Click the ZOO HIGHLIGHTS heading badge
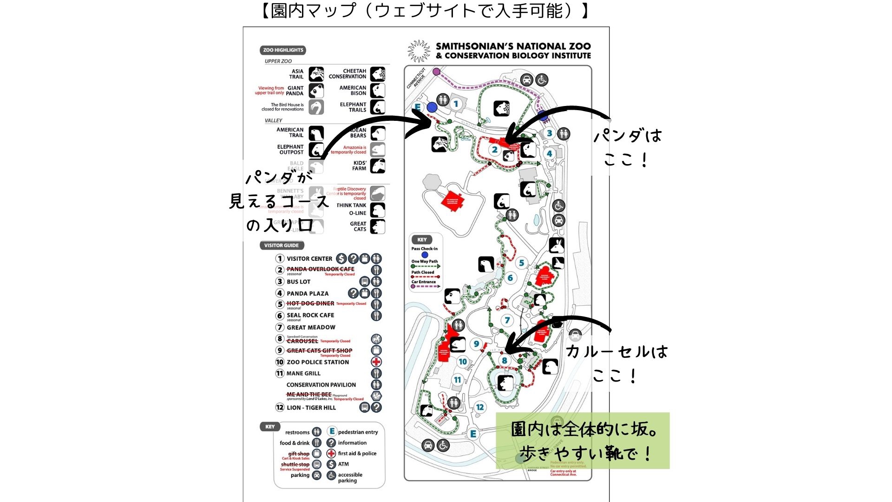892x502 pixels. point(283,50)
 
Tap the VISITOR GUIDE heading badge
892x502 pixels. point(282,245)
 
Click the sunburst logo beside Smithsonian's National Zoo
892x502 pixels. point(419,51)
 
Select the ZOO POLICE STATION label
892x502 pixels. point(318,362)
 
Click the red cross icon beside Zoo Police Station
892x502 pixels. point(376,362)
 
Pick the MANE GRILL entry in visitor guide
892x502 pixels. point(303,373)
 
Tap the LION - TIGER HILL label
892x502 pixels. point(311,408)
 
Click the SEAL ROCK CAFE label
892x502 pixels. point(310,315)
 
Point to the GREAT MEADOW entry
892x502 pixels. point(311,327)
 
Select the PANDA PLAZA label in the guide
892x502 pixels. point(308,293)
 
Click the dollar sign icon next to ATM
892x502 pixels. point(331,464)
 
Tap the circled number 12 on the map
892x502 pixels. point(480,407)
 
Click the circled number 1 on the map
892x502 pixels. point(456,104)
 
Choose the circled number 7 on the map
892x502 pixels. point(507,320)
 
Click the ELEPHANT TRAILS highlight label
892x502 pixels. point(353,107)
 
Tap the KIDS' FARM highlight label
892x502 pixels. point(360,166)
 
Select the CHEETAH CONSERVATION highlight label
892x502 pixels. point(348,74)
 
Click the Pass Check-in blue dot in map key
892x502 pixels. point(425,255)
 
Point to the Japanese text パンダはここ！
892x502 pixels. point(628,148)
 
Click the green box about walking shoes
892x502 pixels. point(583,440)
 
